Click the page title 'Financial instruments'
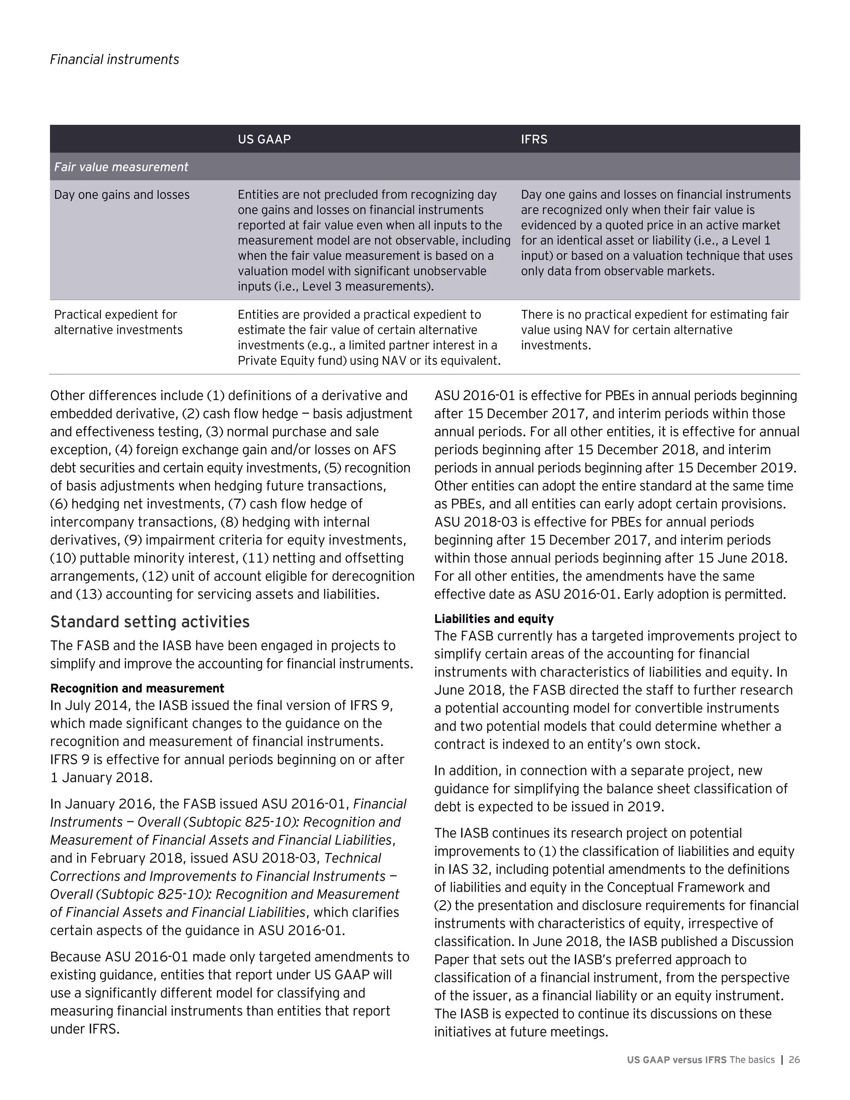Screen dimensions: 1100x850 114,59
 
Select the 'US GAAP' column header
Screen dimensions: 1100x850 264,139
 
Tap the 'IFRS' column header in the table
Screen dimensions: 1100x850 534,139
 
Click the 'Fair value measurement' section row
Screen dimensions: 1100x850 121,167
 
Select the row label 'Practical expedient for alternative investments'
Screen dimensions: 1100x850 118,323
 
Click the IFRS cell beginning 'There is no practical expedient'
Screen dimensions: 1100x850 655,330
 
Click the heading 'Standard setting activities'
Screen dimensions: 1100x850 149,622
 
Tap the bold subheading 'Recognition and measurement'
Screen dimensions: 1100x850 137,689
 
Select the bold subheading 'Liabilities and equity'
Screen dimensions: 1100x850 493,619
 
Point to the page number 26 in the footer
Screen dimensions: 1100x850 794,1060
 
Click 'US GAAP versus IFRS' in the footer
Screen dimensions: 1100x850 676,1060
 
